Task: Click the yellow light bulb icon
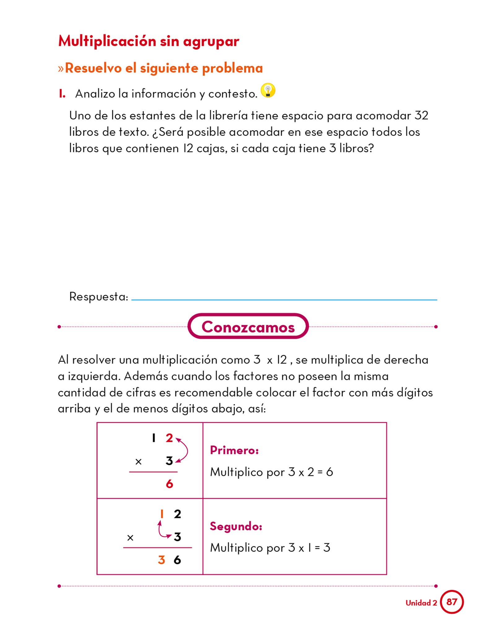pyautogui.click(x=268, y=90)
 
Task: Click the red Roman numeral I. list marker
pyautogui.click(x=62, y=93)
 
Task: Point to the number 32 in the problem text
pyautogui.click(x=421, y=115)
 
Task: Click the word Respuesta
pyautogui.click(x=98, y=297)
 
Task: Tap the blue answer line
pyautogui.click(x=284, y=300)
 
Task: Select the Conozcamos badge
pyautogui.click(x=248, y=327)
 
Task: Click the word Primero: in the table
pyautogui.click(x=234, y=450)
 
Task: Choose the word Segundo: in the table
pyautogui.click(x=236, y=526)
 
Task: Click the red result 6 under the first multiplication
pyautogui.click(x=169, y=484)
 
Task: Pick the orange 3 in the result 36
pyautogui.click(x=161, y=560)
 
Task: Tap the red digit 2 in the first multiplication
pyautogui.click(x=169, y=438)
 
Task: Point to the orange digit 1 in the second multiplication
pyautogui.click(x=162, y=514)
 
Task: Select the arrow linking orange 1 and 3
pyautogui.click(x=162, y=531)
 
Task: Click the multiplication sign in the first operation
pyautogui.click(x=138, y=462)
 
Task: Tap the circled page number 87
pyautogui.click(x=452, y=602)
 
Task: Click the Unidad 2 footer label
pyautogui.click(x=421, y=603)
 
